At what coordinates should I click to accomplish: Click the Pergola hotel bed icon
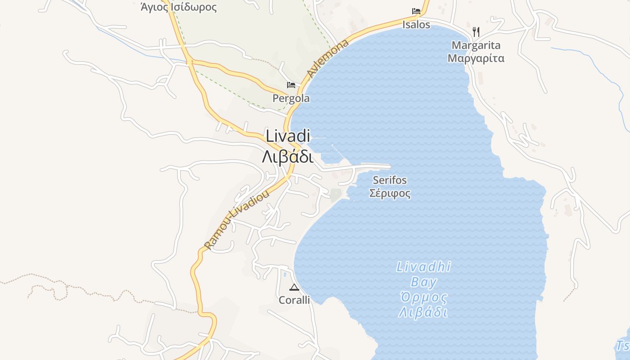point(291,85)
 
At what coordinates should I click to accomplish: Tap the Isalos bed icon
point(416,11)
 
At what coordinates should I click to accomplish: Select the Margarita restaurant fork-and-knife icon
point(476,31)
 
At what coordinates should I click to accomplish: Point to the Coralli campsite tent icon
point(294,288)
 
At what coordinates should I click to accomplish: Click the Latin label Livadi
point(288,136)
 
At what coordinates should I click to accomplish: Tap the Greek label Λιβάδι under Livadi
point(288,157)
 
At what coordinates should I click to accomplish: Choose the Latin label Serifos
point(390,180)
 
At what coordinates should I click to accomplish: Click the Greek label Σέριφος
point(390,193)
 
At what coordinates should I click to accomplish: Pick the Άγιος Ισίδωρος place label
point(179,7)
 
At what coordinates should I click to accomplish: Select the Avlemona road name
point(328,58)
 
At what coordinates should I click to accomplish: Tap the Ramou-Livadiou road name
point(237,220)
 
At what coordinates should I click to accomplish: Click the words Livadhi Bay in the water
point(423,274)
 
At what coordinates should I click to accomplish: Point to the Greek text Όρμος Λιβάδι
point(423,305)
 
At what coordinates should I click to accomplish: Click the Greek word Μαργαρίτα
point(476,58)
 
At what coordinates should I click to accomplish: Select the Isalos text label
point(416,24)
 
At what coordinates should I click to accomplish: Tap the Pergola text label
point(291,98)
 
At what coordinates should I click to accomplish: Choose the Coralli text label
point(294,300)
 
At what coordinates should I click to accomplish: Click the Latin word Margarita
point(476,45)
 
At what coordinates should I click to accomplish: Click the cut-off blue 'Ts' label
point(623,346)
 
